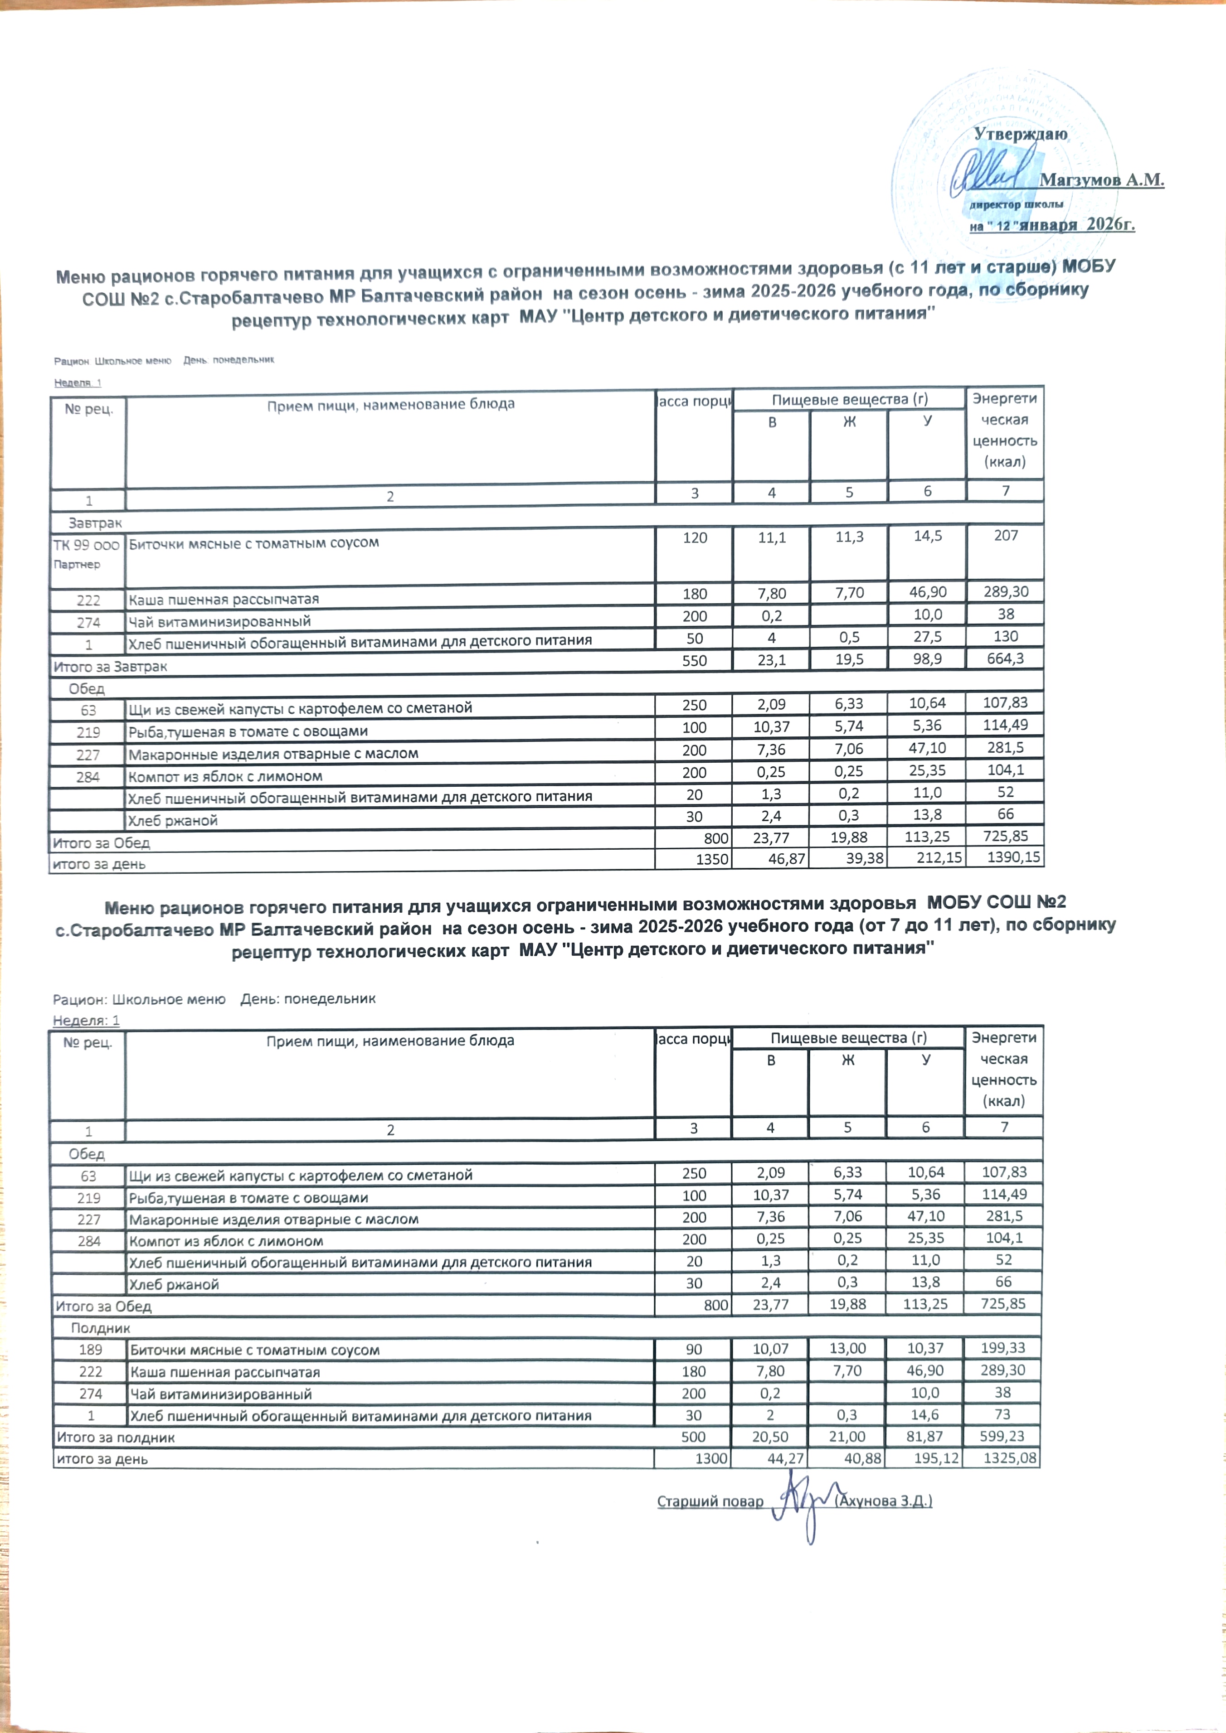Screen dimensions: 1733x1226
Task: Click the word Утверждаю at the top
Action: [x=1020, y=134]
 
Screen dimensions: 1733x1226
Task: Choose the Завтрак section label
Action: [x=95, y=523]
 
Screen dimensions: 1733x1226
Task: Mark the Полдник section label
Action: [x=100, y=1328]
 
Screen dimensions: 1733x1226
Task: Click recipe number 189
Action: [x=89, y=1350]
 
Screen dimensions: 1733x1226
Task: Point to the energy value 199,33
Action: [x=1003, y=1348]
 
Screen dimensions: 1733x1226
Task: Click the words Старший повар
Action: [x=710, y=1501]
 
